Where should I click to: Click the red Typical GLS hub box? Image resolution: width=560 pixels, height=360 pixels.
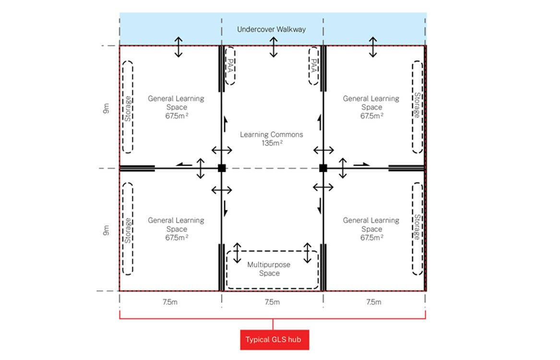coord(274,339)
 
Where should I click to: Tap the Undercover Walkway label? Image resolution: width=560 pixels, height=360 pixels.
coord(272,29)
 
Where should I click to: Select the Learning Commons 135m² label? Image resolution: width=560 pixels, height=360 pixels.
coord(272,139)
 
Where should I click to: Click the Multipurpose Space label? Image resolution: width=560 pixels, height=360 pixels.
coord(269,269)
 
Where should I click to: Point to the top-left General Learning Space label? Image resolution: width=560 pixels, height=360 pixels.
coord(176,107)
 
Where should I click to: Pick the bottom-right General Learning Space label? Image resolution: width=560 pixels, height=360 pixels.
coord(371,229)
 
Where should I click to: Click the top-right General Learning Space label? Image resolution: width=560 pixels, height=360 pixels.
coord(371,107)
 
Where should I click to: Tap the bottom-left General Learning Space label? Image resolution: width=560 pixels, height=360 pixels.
coord(176,229)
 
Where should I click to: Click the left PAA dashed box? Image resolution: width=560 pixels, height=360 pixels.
coord(230,66)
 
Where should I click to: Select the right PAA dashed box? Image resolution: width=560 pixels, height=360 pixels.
coord(313,66)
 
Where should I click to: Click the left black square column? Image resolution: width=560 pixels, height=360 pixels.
coord(222,168)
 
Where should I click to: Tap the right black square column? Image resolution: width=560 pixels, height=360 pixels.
coord(323,168)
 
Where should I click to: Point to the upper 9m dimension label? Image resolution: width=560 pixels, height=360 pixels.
coord(106,108)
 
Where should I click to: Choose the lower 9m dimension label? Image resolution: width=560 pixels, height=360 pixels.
coord(106,230)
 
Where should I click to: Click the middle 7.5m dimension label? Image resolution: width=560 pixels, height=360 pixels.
coord(272,302)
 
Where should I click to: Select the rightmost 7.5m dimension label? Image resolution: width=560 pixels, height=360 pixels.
coord(373,302)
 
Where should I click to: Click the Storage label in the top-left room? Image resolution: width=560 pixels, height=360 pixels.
coord(128,108)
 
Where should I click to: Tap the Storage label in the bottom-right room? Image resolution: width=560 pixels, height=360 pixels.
coord(417,227)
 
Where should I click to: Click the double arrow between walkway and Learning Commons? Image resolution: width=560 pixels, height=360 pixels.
coord(274,47)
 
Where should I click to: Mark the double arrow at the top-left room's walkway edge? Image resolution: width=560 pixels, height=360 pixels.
coord(178,47)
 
